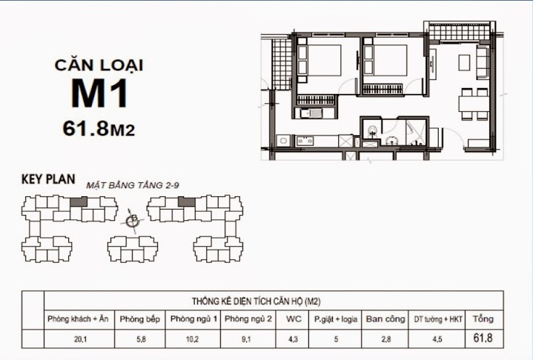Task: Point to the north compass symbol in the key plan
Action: point(133,220)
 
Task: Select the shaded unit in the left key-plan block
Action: point(79,201)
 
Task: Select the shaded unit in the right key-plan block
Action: point(187,201)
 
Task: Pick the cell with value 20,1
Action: point(78,339)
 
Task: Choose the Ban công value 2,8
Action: point(385,339)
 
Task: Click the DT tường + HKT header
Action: point(437,319)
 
